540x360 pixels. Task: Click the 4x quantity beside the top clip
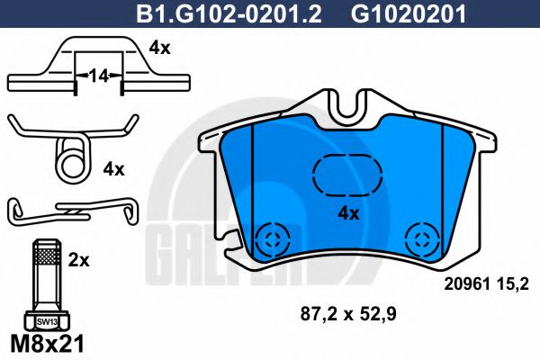[x=159, y=49]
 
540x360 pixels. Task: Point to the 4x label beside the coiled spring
[x=113, y=168]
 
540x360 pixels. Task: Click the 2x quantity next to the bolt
[x=79, y=260]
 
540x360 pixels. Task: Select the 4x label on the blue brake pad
[x=347, y=213]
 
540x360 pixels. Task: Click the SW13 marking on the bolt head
[x=44, y=320]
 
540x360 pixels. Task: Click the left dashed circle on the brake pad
[x=270, y=238]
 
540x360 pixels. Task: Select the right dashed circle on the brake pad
[x=420, y=238]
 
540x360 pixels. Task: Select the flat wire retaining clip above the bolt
[x=72, y=211]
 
